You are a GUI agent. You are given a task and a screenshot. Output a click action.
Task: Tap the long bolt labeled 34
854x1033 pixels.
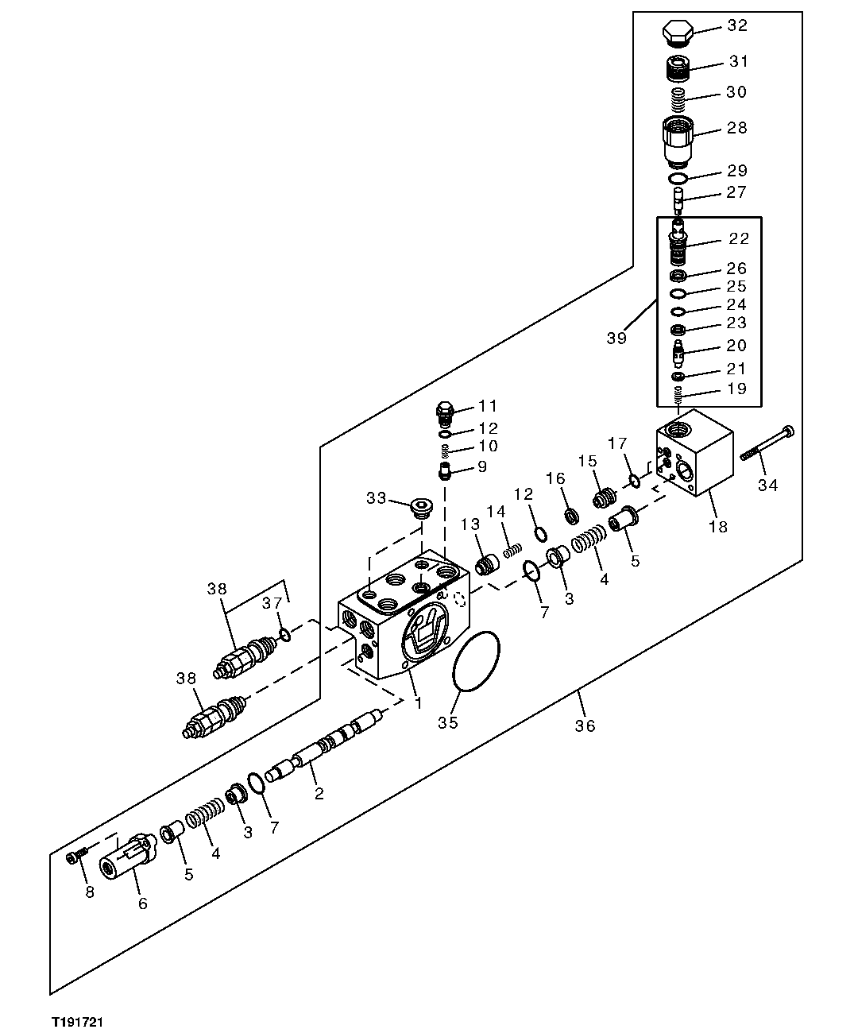[x=767, y=444]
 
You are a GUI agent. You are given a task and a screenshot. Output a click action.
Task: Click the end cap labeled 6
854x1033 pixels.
[x=129, y=857]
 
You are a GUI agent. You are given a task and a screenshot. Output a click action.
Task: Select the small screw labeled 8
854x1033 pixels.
[x=74, y=857]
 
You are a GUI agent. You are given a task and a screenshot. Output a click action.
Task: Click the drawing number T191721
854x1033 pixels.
[x=79, y=1020]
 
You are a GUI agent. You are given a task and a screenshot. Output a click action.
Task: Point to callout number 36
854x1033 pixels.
[x=585, y=725]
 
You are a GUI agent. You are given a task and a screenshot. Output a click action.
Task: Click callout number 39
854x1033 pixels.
[x=616, y=338]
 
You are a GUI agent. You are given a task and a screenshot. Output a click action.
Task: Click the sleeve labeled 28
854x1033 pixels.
[x=678, y=137]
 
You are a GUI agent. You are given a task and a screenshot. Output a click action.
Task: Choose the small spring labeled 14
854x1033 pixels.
[x=514, y=548]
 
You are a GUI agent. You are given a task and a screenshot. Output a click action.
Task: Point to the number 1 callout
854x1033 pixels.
[x=416, y=703]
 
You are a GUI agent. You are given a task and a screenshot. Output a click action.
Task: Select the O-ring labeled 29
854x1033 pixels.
[x=678, y=179]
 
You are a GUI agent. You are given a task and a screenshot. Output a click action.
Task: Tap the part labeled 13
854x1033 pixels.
[x=485, y=566]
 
